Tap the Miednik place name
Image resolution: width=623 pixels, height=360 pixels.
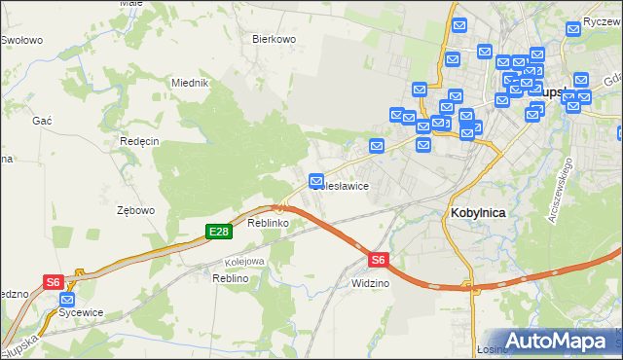191,83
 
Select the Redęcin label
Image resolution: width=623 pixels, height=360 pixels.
139,140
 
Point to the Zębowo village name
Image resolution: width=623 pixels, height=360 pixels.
135,209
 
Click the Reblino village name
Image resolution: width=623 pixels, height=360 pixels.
232,278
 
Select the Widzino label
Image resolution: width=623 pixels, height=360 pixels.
370,282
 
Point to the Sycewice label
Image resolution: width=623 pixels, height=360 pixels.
81,312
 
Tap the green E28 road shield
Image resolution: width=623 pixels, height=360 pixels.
218,231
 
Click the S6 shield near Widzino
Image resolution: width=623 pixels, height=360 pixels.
379,259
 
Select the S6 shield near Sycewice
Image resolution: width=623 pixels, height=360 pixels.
54,282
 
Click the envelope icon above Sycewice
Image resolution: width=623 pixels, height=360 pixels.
67,300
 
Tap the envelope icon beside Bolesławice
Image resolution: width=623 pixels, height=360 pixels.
316,181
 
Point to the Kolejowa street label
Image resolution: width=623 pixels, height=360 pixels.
245,261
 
